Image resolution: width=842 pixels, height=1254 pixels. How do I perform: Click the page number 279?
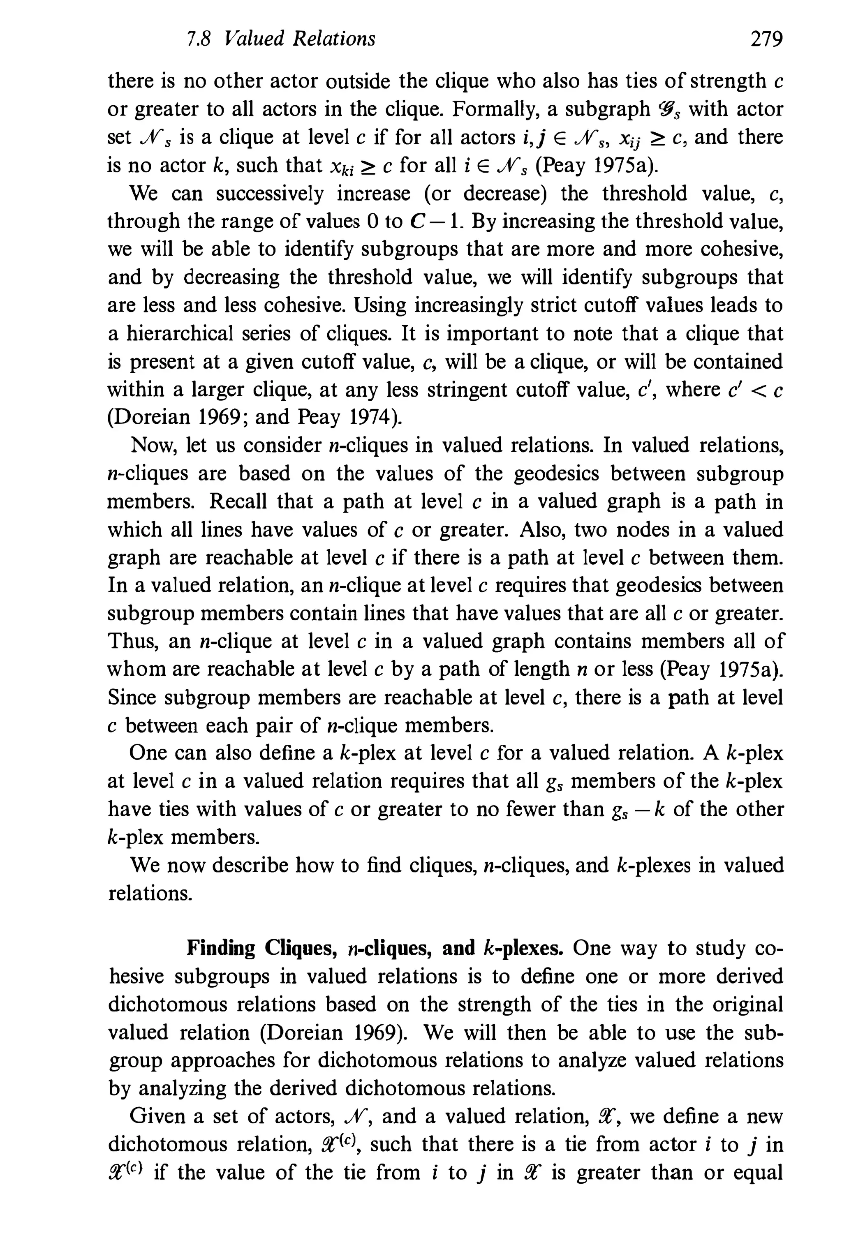point(766,39)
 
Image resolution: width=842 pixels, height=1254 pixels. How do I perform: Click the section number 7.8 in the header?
point(197,39)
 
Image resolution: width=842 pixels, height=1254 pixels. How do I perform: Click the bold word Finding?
point(221,949)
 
